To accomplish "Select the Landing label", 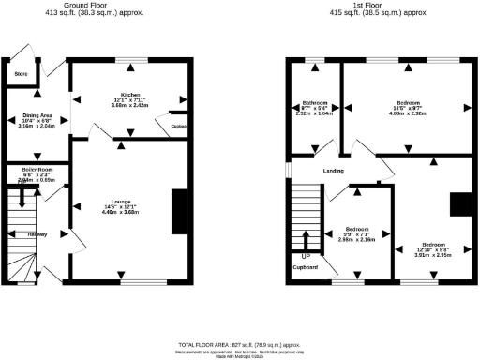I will [x=333, y=171].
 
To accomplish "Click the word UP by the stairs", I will [x=306, y=255].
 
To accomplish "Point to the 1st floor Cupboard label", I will [x=305, y=267].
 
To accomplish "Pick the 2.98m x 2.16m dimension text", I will [x=356, y=240].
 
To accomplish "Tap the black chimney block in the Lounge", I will [x=178, y=211].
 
